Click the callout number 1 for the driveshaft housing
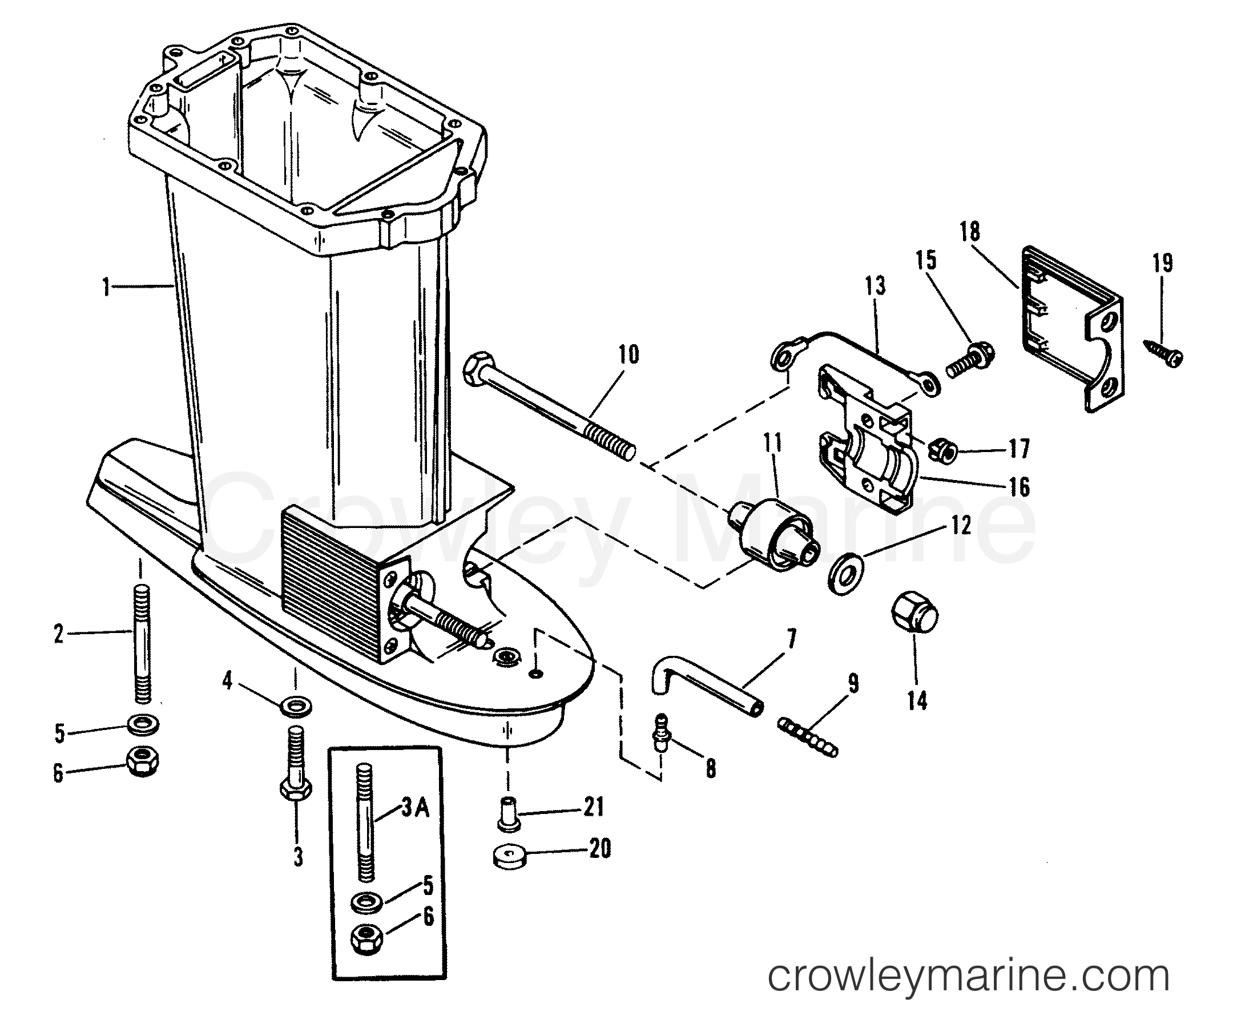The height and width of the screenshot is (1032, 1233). point(106,288)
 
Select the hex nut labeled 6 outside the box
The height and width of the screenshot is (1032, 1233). point(142,762)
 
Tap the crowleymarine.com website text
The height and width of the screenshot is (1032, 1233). point(969,975)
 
